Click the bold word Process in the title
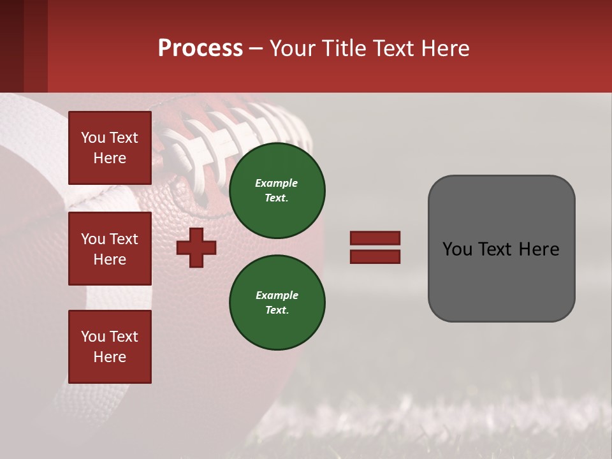click(200, 48)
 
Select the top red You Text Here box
click(110, 148)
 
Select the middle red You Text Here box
click(110, 249)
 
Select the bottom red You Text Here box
click(110, 347)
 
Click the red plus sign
click(196, 247)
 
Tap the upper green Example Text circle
click(277, 190)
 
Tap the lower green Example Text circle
click(277, 302)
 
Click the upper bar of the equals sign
click(375, 238)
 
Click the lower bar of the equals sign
click(375, 256)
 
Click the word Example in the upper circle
click(276, 183)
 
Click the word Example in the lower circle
click(276, 295)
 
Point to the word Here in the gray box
click(540, 249)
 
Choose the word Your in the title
click(291, 48)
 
